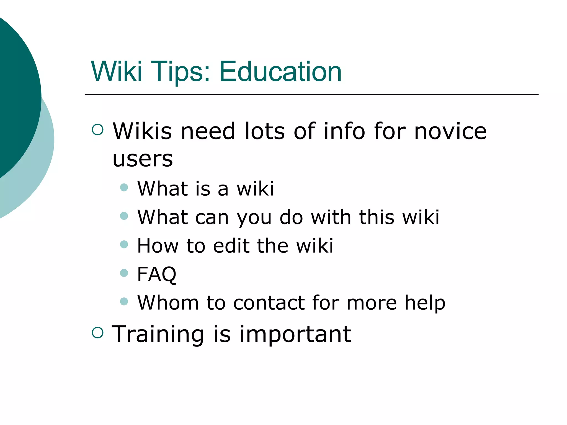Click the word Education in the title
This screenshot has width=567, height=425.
click(x=280, y=72)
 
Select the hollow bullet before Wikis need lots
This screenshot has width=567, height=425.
click(x=97, y=129)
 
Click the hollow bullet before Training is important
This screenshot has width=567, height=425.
click(x=97, y=332)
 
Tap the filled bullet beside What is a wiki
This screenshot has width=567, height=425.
click(x=124, y=188)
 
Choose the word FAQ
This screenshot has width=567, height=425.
click(x=157, y=274)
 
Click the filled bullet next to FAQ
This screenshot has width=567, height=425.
click(x=124, y=273)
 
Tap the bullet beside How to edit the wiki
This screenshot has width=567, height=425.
click(x=124, y=244)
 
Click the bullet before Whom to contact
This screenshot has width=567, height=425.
click(x=124, y=301)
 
